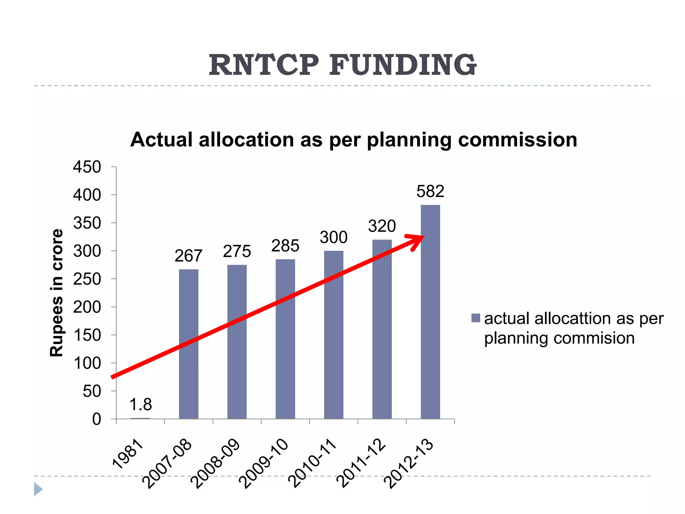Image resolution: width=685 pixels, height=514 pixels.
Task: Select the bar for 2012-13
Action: point(430,312)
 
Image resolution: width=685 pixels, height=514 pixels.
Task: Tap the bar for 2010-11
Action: point(333,335)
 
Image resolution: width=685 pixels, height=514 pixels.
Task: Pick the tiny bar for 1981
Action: point(140,418)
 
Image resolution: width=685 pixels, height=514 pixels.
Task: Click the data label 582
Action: point(430,191)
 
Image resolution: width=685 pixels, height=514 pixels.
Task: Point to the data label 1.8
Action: point(140,405)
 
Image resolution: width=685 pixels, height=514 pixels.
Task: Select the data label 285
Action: point(285,246)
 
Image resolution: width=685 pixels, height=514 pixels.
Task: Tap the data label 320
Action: point(382,226)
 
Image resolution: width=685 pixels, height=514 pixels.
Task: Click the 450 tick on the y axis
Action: point(87,167)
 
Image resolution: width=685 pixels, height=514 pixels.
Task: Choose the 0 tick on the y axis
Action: point(96,419)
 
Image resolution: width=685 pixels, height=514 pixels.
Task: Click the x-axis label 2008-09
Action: point(216,463)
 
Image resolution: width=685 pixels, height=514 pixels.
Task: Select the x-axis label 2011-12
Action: point(361,463)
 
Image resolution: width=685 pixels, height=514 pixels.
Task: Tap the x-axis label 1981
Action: point(128,454)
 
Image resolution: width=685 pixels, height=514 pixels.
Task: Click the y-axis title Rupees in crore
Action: point(57,293)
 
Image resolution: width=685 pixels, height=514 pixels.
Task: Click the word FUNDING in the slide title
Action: point(403,65)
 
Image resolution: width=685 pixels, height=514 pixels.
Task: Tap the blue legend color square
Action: point(475,318)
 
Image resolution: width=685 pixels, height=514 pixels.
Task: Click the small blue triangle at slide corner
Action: point(38,489)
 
